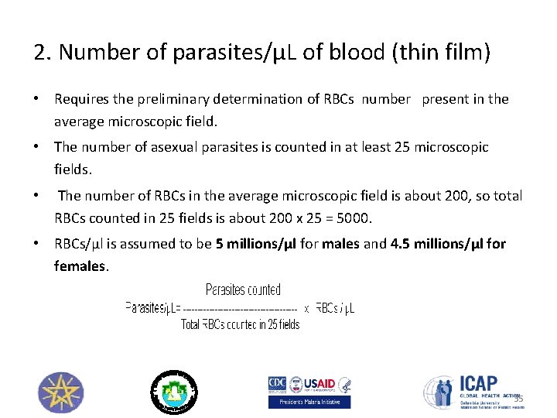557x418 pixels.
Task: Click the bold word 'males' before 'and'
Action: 341,244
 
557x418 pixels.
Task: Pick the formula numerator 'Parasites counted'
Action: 243,290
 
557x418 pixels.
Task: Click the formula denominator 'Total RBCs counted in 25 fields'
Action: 240,325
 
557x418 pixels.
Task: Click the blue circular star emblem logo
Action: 60,392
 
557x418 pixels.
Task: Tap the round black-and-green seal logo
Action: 175,391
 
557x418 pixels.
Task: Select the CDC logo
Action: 277,385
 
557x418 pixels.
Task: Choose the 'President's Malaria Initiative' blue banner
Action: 309,403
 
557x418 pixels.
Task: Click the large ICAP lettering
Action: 478,383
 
